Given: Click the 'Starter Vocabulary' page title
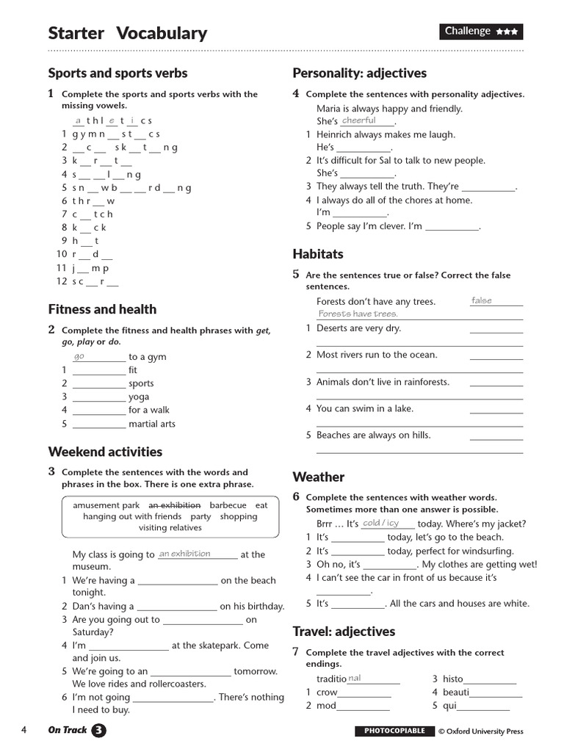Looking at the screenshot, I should point(127,33).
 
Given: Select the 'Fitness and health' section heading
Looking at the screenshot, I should point(102,309).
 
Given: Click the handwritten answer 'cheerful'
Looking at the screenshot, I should point(359,120).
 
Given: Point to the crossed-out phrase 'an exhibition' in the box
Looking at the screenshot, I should point(175,505).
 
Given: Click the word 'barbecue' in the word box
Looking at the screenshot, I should point(228,505).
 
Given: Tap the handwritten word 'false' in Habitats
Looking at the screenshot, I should point(482,300).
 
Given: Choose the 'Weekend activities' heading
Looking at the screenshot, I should point(105,452).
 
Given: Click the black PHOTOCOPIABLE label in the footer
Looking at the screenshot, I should point(394,731).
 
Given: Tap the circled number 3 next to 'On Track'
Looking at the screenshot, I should point(98,730).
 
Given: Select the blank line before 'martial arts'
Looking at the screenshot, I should point(99,424).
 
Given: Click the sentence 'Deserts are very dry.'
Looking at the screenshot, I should point(358,328).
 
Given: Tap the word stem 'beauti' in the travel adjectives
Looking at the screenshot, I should point(455,692).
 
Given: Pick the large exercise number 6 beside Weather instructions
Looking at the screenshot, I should point(296,496).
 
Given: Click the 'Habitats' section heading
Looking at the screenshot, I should point(317,254).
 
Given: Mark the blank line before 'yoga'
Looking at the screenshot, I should point(99,397).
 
